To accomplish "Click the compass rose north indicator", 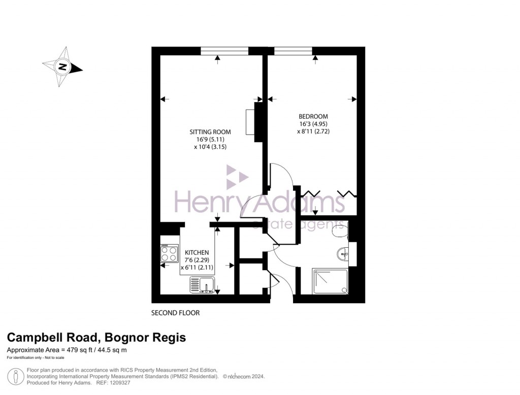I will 62,67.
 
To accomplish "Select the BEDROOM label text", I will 313,116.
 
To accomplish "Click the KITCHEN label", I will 197,252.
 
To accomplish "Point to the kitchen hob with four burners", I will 169,253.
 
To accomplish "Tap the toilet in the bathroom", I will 339,231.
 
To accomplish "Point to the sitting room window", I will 224,50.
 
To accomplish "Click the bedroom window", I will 293,50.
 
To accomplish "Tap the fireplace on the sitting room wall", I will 250,122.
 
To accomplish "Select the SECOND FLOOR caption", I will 176,313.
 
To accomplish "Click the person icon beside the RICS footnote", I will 16,376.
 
